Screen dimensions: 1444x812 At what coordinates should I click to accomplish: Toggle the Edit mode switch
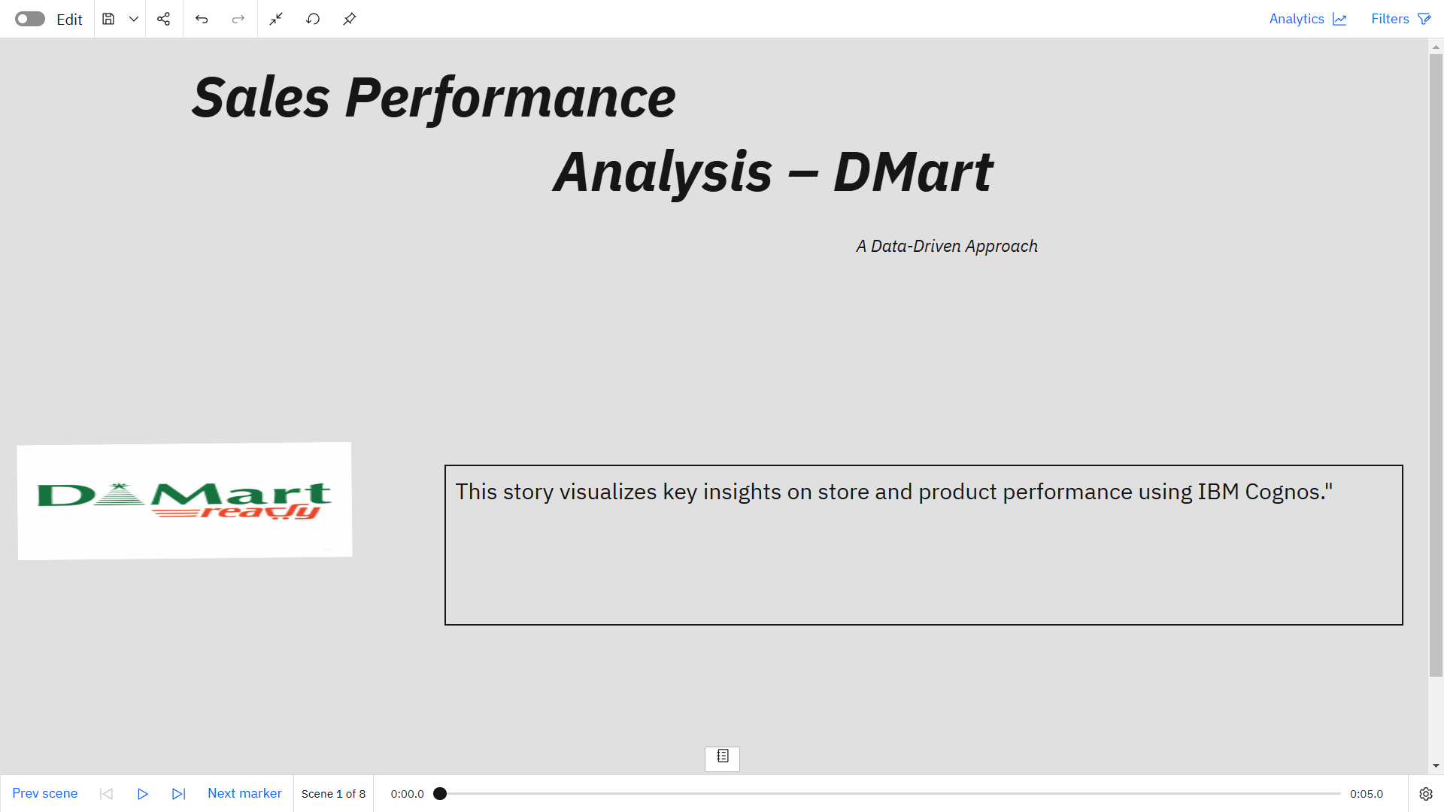coord(30,19)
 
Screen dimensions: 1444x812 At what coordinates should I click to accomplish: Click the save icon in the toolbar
coord(108,19)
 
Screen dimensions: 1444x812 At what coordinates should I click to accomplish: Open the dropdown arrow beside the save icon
coord(134,19)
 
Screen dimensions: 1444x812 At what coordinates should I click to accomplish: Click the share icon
coord(163,19)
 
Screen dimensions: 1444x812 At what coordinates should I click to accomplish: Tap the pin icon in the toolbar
coord(350,19)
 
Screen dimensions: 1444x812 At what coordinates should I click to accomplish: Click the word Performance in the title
coord(510,98)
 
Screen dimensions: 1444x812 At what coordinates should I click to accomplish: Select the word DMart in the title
coord(913,172)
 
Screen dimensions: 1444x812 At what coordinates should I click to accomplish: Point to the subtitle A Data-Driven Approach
coord(947,247)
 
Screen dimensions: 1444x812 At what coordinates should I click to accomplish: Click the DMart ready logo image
coord(184,501)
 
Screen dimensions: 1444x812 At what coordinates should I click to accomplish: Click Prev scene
coord(45,793)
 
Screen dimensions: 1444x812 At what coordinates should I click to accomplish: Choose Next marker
coord(244,793)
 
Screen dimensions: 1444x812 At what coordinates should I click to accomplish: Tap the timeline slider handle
coord(440,793)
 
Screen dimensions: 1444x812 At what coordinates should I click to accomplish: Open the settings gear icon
coord(1426,794)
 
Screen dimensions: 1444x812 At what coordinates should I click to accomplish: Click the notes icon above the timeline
coord(722,757)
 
